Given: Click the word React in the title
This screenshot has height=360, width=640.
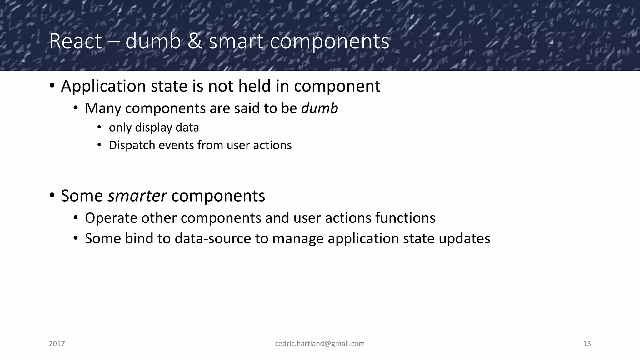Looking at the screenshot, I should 76,41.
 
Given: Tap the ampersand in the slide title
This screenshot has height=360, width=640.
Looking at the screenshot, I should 195,41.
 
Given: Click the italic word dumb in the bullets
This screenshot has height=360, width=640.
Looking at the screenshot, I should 319,108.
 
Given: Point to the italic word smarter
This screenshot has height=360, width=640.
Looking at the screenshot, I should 137,196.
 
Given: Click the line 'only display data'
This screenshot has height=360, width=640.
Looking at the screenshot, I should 154,127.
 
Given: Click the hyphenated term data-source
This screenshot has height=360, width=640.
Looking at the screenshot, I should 212,239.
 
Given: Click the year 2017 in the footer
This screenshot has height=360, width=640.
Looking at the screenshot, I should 57,344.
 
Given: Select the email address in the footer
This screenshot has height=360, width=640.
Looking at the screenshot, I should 320,344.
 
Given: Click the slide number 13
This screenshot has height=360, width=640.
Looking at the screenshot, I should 587,344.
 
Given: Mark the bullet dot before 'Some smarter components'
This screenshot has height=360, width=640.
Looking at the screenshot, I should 52,196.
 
